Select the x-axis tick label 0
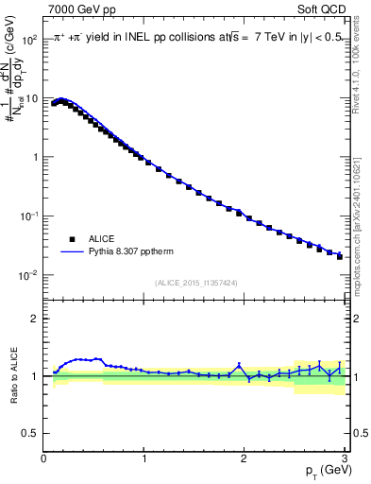(43, 458)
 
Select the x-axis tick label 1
(143, 458)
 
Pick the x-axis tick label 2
(244, 458)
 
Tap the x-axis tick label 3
(344, 458)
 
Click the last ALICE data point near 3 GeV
(340, 256)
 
